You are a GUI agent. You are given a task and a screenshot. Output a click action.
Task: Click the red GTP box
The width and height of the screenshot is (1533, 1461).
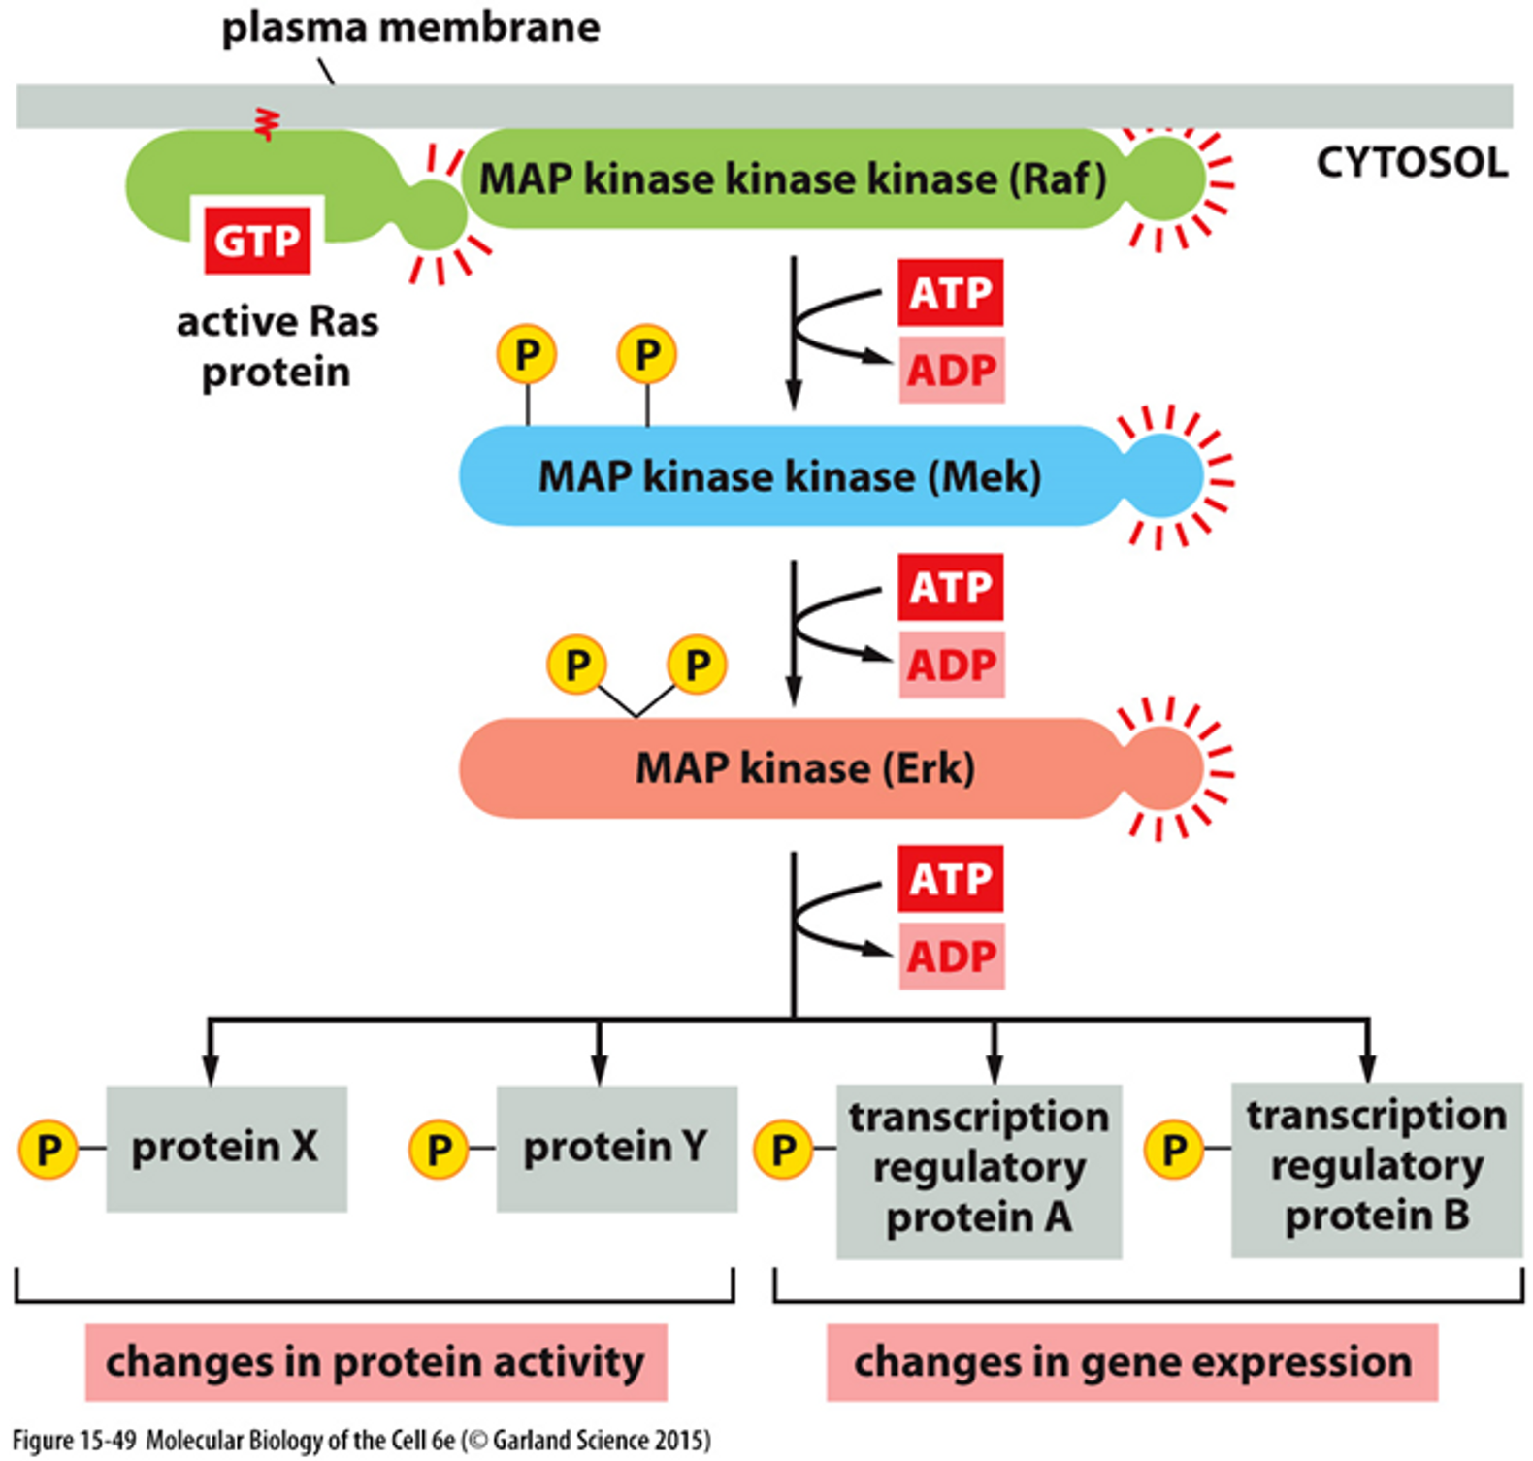point(257,240)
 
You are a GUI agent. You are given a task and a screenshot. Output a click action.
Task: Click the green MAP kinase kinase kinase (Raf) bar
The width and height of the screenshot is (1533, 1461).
point(791,179)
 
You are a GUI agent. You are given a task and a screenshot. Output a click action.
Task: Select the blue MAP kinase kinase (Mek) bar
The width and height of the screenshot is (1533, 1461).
point(788,476)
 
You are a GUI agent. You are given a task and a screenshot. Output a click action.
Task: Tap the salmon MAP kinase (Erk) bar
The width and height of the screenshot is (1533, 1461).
point(788,768)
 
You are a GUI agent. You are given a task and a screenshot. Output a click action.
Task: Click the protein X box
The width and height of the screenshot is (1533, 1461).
point(226,1148)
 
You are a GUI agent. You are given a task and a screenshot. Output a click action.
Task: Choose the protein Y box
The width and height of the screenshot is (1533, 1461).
point(616,1148)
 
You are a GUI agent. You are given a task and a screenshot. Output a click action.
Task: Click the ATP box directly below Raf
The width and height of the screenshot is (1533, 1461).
point(950,292)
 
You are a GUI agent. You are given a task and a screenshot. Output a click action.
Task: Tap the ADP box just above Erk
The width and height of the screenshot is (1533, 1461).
point(951,665)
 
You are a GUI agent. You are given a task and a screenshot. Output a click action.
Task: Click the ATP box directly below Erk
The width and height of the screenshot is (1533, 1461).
point(950,878)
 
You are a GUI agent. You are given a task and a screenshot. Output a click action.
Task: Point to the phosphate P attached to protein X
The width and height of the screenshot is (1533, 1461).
point(48,1149)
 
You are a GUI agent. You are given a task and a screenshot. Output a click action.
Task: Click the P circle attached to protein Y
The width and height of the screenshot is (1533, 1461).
point(439,1149)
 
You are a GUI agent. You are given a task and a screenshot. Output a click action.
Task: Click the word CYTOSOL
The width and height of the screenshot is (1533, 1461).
point(1411,162)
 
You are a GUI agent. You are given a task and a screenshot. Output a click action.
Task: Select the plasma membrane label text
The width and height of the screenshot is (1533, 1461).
point(410,27)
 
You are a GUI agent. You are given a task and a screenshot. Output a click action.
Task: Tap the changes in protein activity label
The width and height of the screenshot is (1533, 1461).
point(375,1362)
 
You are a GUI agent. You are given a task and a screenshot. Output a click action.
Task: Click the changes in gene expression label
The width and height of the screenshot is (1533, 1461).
point(1131,1362)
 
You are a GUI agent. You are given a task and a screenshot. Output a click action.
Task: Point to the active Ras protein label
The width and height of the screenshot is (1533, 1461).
point(277,346)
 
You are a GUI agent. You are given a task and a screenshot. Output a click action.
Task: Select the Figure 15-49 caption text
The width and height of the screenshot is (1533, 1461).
point(361,1440)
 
